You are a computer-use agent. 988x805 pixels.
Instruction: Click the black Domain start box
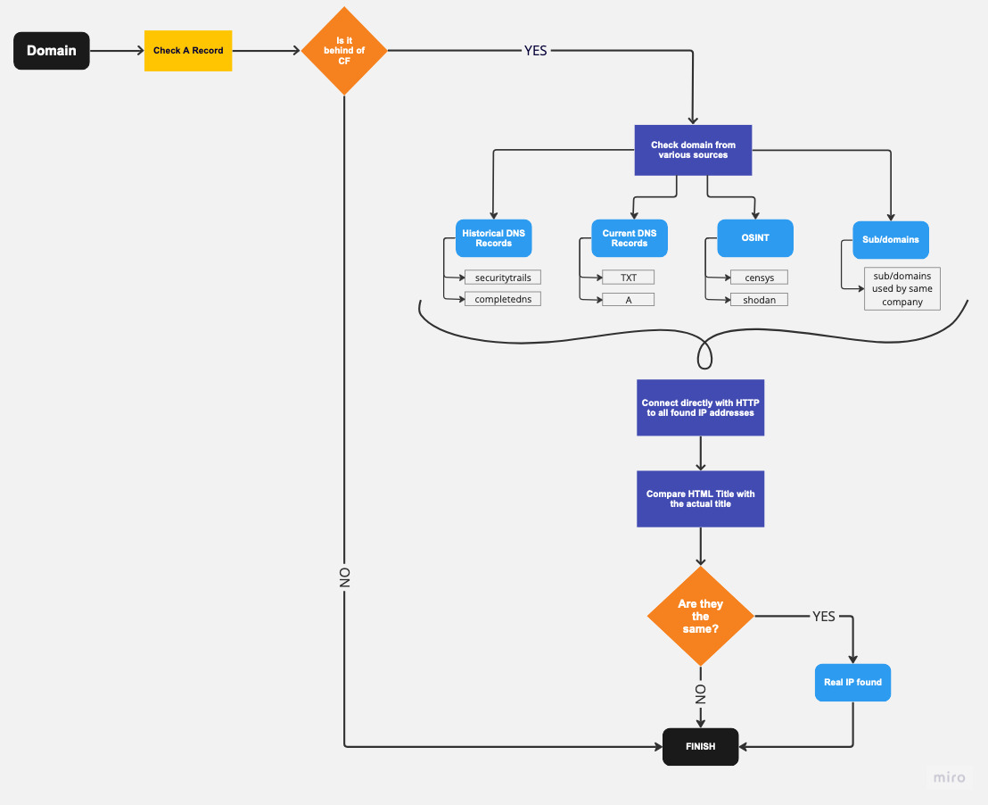click(x=52, y=51)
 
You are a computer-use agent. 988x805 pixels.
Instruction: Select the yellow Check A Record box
click(x=188, y=51)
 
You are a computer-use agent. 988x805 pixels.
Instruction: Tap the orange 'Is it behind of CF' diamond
click(x=344, y=51)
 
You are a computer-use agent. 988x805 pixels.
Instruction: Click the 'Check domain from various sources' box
click(x=693, y=150)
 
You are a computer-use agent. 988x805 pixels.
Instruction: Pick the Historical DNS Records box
click(x=493, y=238)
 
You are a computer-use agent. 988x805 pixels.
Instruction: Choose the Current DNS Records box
click(x=630, y=238)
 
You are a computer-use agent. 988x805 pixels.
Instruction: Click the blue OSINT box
click(x=755, y=237)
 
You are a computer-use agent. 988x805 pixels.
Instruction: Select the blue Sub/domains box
click(x=891, y=240)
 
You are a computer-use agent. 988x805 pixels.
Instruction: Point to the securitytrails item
click(x=503, y=278)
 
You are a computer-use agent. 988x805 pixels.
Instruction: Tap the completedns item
click(x=503, y=299)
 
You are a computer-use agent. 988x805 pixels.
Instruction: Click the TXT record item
click(x=629, y=278)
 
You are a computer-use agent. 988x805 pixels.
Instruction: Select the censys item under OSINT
click(x=759, y=278)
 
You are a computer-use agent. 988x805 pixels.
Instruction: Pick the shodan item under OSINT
click(x=759, y=300)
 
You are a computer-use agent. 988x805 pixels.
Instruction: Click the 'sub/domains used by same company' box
click(x=902, y=289)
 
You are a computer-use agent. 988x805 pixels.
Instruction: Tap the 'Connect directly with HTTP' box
click(x=701, y=408)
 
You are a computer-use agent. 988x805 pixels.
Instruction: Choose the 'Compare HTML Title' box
click(x=701, y=499)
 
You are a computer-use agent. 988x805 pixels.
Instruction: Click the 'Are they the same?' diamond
click(x=701, y=616)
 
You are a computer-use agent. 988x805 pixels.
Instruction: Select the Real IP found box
click(x=853, y=683)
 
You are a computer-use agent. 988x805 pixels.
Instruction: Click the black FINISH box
click(x=701, y=747)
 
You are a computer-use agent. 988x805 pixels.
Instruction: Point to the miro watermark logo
click(x=950, y=777)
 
